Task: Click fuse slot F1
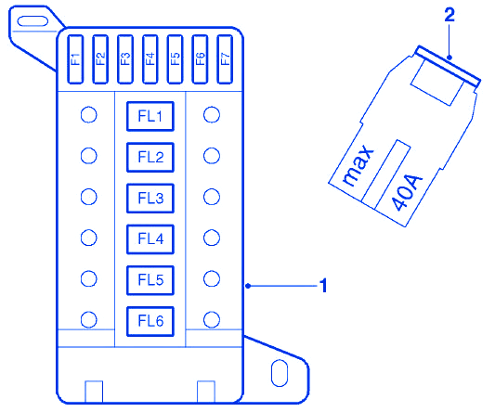tap(75, 59)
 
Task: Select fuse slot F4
tap(150, 59)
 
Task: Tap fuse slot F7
tap(225, 59)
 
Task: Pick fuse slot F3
tap(125, 59)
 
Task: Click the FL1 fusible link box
tap(150, 116)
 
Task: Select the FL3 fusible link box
tap(150, 199)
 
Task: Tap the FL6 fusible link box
tap(150, 321)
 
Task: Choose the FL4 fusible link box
tap(150, 239)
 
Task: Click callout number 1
tap(323, 286)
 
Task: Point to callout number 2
tap(449, 15)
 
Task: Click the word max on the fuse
tap(358, 165)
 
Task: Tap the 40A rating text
tap(407, 192)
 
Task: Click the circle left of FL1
tap(89, 115)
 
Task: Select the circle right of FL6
tap(212, 319)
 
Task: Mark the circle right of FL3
tap(212, 197)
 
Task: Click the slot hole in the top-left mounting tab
tap(33, 21)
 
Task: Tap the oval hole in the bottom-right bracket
tap(280, 373)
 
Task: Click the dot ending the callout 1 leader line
tap(248, 286)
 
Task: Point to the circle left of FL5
tap(89, 278)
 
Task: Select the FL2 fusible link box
tap(150, 157)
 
